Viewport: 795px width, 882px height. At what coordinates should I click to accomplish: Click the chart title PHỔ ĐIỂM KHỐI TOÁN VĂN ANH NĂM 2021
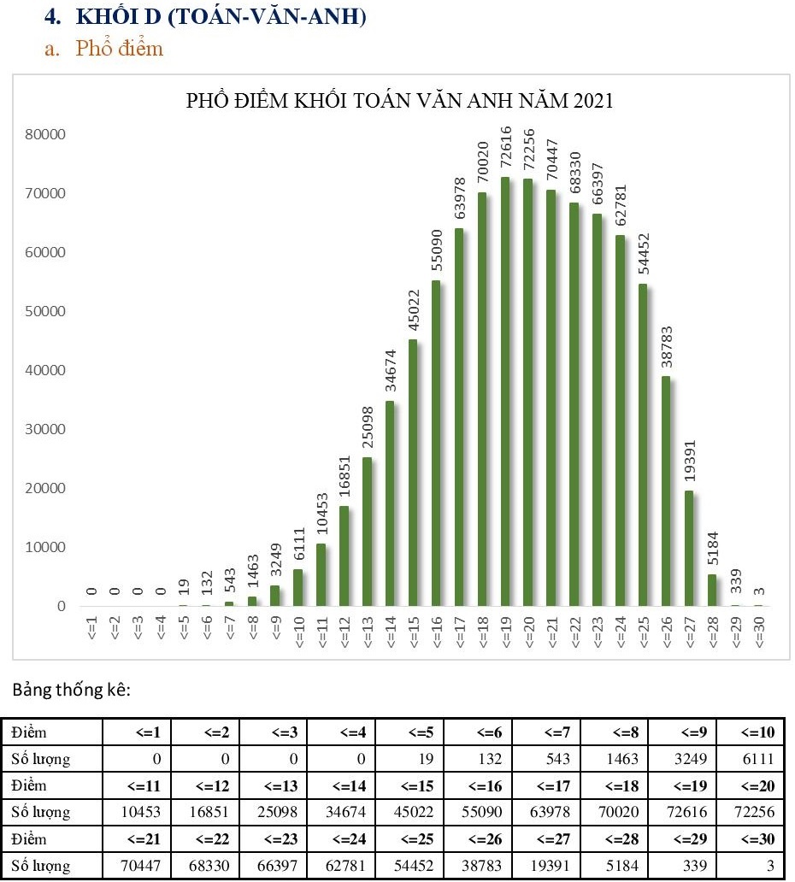point(400,101)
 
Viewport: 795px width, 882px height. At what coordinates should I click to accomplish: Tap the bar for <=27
point(690,547)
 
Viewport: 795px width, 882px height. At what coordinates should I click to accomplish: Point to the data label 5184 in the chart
point(713,550)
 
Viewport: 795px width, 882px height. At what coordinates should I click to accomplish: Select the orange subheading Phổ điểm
point(119,48)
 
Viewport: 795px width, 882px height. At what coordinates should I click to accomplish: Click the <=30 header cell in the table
point(752,839)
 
